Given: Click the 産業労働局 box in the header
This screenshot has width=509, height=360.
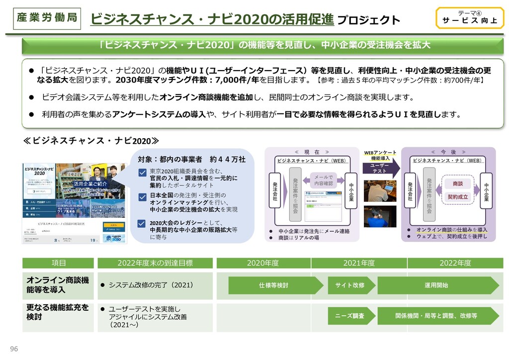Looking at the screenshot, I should (46, 17).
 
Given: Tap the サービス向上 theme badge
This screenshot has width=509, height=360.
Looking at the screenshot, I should (466, 18).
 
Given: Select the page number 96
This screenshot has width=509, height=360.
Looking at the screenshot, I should (14, 349).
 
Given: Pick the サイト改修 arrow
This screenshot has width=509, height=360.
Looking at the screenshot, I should (351, 285).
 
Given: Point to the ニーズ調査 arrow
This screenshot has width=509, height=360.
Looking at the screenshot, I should (351, 316).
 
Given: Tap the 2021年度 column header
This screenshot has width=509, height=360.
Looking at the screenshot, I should (359, 263).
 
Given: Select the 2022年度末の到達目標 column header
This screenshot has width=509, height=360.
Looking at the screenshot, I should (155, 263).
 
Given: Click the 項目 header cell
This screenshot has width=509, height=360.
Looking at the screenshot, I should (58, 263).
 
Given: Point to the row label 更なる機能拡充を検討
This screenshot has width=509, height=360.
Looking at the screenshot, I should (58, 312).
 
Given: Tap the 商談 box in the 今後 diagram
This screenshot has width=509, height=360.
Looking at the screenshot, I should (458, 183).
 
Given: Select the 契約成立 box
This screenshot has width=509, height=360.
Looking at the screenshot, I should (458, 197).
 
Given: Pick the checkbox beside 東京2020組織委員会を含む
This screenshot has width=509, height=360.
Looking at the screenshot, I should (142, 173).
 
